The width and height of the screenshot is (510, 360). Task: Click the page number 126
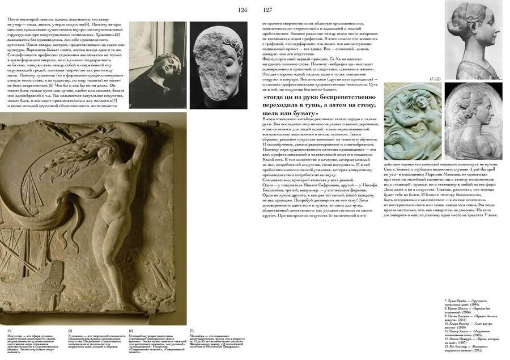(243, 10)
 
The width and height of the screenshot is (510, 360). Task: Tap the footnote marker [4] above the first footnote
(9, 330)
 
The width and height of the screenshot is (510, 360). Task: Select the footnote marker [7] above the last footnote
(192, 330)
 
